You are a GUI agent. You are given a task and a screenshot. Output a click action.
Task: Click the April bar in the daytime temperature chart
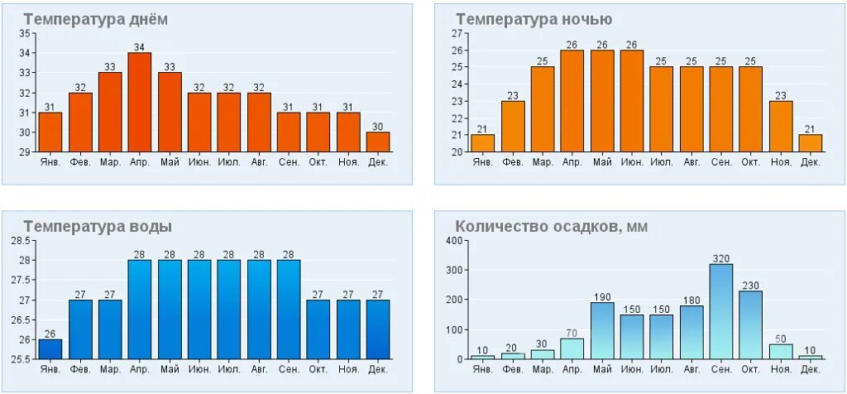(140, 102)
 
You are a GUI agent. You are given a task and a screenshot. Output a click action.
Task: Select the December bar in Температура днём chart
(378, 142)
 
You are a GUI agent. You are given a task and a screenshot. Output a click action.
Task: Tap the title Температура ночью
(534, 20)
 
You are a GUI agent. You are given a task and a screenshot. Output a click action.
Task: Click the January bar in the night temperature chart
(482, 142)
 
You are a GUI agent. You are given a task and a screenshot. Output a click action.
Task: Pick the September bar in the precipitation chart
(720, 311)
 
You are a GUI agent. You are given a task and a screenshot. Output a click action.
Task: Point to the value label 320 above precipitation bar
(720, 257)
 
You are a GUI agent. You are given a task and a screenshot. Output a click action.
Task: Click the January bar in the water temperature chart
(50, 348)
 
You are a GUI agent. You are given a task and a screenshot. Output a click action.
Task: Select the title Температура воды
(98, 226)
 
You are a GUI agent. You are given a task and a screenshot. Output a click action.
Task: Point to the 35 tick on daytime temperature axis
(24, 33)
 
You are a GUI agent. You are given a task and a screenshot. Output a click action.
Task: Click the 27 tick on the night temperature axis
(457, 33)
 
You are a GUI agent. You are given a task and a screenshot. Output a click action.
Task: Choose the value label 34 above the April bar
(140, 46)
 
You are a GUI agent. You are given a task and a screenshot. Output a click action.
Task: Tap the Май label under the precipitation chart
(601, 368)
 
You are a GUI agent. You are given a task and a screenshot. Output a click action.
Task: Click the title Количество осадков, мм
(551, 226)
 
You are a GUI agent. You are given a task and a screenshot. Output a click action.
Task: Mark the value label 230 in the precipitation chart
(750, 284)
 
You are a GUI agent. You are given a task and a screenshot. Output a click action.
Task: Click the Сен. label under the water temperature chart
(289, 368)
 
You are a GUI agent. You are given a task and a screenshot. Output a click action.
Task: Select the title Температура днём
(95, 20)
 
